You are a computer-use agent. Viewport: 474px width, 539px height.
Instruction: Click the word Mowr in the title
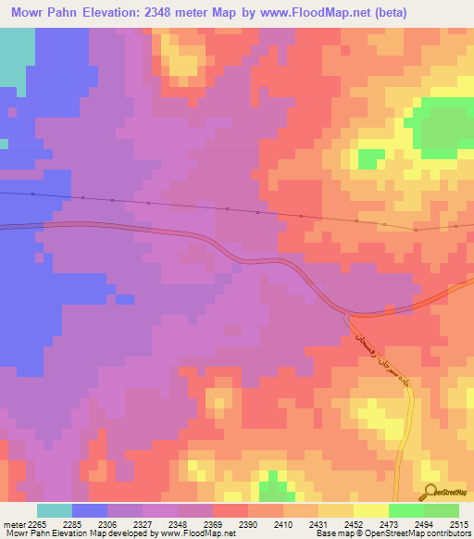click(x=33, y=13)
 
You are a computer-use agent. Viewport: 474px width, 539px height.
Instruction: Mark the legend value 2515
click(x=458, y=525)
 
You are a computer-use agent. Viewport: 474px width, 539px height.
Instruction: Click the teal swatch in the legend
click(x=55, y=510)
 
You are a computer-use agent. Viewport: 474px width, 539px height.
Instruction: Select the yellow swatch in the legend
click(x=370, y=510)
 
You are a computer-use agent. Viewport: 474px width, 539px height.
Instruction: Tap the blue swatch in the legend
click(x=90, y=510)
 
